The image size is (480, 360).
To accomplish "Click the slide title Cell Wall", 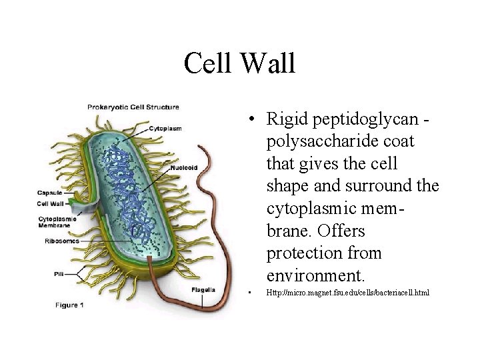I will (239, 64).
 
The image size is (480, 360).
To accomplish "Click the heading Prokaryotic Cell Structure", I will (133, 107).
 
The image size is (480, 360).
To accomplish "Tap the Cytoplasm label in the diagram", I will (163, 128).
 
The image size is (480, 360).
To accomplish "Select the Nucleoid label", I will (183, 168).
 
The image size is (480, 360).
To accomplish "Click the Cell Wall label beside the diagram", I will (51, 203).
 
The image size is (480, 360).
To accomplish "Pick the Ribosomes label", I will (62, 241).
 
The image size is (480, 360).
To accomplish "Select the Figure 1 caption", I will (69, 306).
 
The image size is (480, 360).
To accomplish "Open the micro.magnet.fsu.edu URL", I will (347, 293).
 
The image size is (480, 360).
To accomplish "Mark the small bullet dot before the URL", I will (248, 293).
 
